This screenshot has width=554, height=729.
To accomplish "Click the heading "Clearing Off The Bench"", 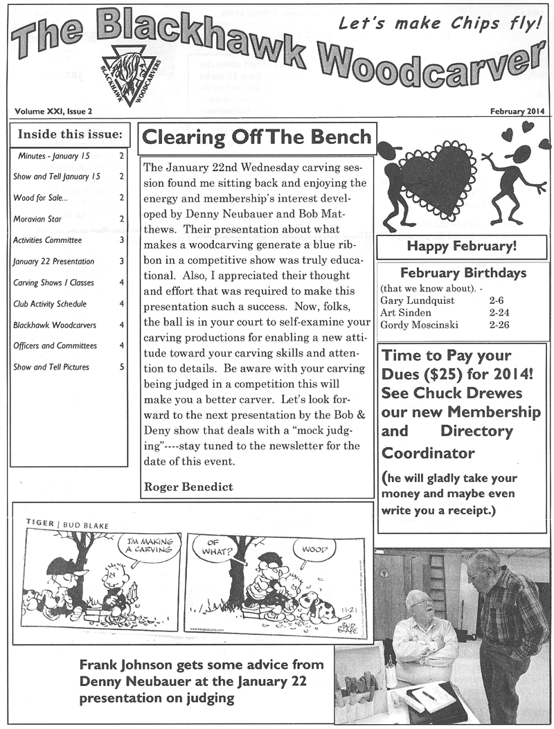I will click(x=256, y=136).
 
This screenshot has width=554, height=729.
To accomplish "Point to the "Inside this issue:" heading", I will click(x=69, y=134).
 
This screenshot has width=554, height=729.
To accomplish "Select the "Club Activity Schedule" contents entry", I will click(x=48, y=303).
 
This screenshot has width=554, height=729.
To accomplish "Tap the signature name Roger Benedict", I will click(x=188, y=487).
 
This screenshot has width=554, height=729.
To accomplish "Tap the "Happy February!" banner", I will click(x=461, y=246).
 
